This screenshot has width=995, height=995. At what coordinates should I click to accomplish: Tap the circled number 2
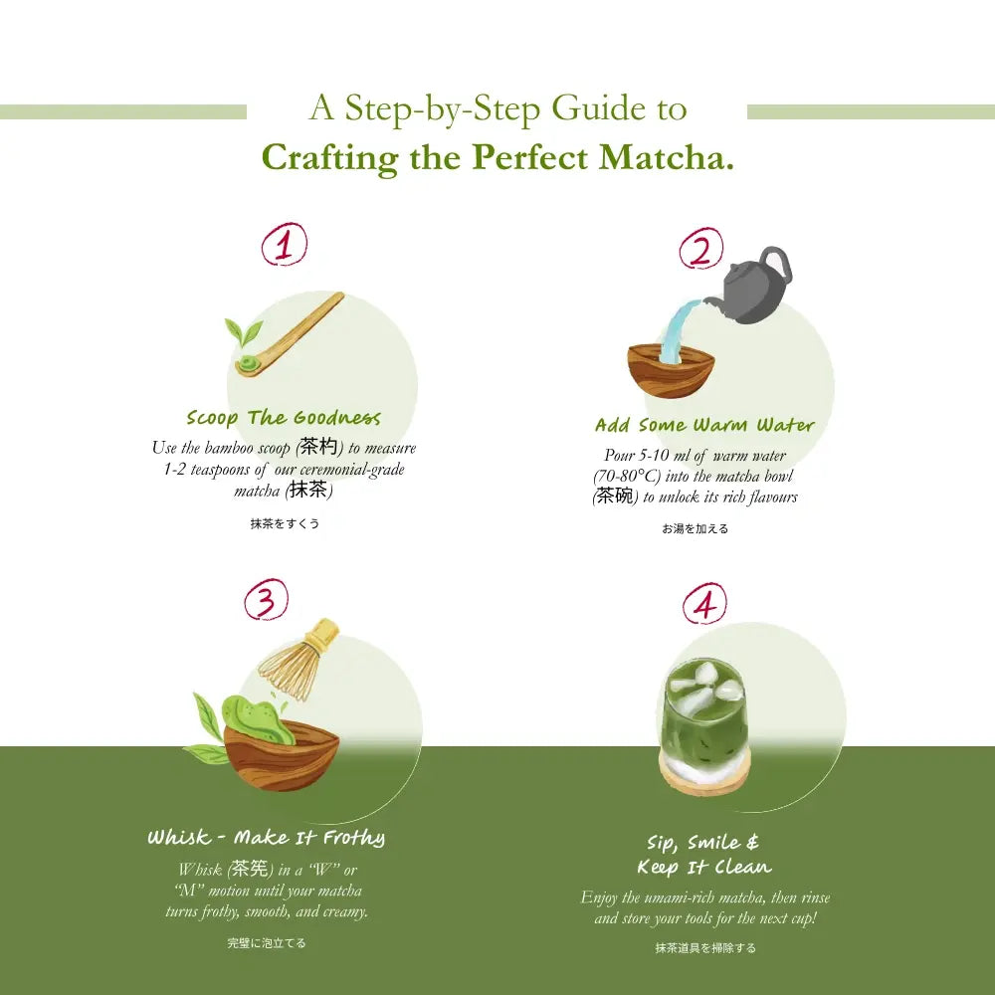coord(701,250)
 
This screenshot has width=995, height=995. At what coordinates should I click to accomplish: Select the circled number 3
coord(266,600)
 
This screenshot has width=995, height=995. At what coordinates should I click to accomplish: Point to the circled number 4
coord(704,603)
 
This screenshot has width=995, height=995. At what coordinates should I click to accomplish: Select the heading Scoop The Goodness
coord(284,417)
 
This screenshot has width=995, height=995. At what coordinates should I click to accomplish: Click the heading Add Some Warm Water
coord(704,425)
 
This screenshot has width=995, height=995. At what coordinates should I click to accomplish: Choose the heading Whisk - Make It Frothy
coord(266,838)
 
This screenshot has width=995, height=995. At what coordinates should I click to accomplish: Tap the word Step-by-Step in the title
coord(444,107)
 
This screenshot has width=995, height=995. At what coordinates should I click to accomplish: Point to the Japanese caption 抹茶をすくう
coord(285,523)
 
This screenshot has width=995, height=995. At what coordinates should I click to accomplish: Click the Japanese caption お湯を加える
coord(696,528)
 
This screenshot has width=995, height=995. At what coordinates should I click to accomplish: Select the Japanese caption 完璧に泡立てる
coord(267,942)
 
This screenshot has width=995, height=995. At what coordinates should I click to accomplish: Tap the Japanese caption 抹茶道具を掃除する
coord(704,948)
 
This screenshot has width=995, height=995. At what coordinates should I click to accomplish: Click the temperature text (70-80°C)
coord(631,476)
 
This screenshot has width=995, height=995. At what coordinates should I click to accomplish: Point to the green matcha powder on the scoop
coord(246,365)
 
